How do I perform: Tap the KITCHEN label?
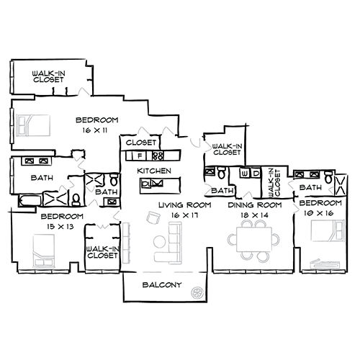(x=154, y=171)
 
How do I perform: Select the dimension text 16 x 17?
(x=175, y=215)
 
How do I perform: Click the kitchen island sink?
(x=153, y=185)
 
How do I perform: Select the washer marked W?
(x=245, y=174)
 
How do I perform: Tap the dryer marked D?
(x=256, y=174)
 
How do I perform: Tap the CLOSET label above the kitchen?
(x=142, y=143)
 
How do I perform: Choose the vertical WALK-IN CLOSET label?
(x=272, y=182)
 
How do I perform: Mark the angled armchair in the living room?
(x=128, y=232)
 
